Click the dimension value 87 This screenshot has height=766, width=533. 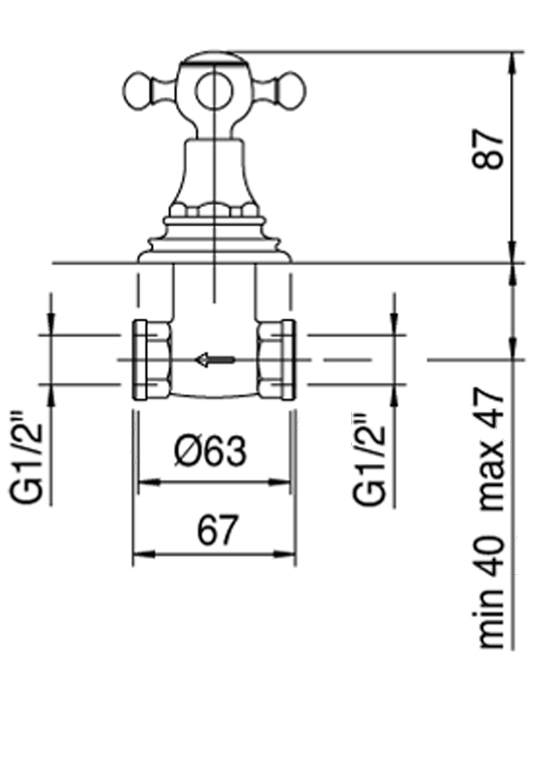pos(490,150)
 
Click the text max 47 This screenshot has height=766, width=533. pos(492,450)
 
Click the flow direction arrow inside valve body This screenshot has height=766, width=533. pos(215,359)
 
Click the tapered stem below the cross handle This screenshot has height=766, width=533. pos(214,172)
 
